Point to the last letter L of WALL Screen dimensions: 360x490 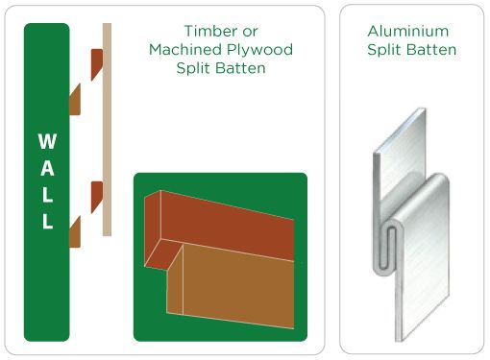[x=45, y=222]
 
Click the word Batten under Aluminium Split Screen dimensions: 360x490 [x=432, y=49]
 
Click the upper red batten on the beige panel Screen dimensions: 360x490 [x=96, y=64]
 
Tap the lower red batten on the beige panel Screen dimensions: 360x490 [x=96, y=196]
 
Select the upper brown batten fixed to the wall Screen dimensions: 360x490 [x=75, y=97]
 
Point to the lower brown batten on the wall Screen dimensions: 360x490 [x=75, y=230]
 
